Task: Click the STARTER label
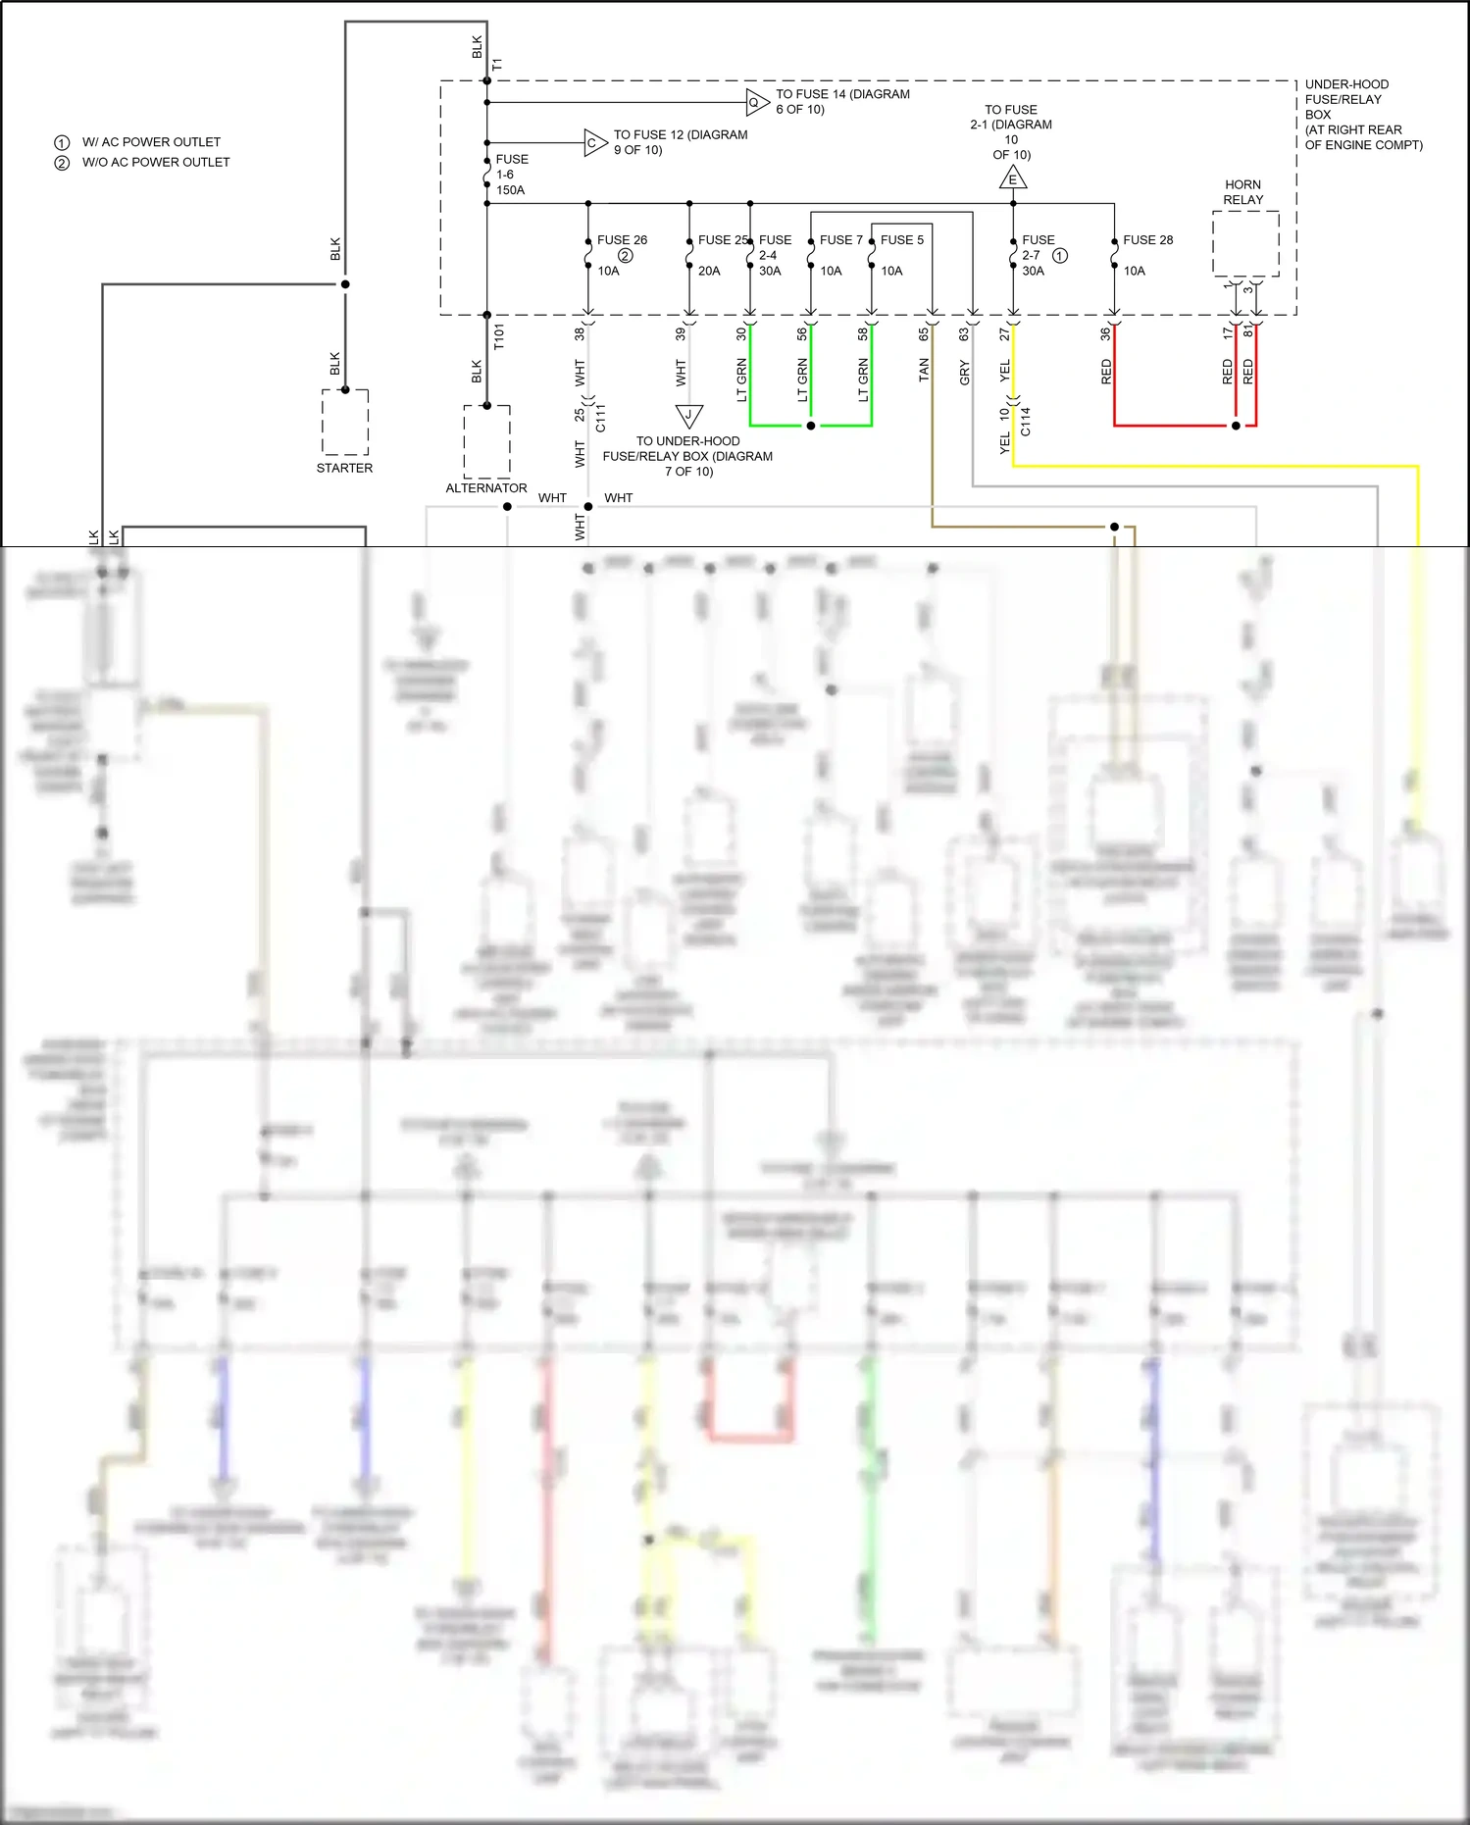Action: point(344,468)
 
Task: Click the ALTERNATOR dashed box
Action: point(486,441)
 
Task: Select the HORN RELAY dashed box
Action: point(1245,244)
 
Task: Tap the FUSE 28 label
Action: point(1147,239)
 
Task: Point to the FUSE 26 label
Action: point(622,239)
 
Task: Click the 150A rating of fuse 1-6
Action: point(510,190)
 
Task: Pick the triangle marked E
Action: point(1013,178)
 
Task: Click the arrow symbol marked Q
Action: point(756,102)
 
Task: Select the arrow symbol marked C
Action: point(594,143)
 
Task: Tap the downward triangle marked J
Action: point(688,415)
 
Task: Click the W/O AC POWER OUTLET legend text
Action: point(156,162)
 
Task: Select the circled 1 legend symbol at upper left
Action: point(62,142)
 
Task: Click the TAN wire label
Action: point(924,370)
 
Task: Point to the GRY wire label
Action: point(965,372)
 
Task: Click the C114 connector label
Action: point(1026,422)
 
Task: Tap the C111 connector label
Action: point(601,418)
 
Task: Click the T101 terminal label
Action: point(499,336)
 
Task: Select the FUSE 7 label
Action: point(840,239)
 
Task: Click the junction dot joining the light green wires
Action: point(810,426)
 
